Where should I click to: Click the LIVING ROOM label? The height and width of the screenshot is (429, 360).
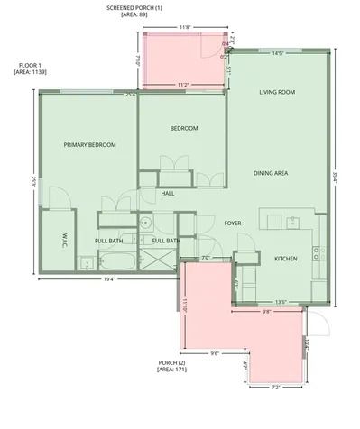278,92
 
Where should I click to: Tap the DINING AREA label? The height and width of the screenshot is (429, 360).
270,172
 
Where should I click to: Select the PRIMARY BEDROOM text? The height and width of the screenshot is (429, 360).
90,144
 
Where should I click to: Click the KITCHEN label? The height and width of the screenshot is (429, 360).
286,259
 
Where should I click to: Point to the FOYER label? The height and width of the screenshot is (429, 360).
233,222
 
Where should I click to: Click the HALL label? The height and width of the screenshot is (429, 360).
168,193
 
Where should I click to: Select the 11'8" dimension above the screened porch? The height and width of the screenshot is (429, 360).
185,28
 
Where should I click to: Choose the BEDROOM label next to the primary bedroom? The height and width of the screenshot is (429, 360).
184,128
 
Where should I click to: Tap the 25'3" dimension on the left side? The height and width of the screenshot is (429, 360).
33,180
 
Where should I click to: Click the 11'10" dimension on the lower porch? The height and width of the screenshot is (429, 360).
184,306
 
